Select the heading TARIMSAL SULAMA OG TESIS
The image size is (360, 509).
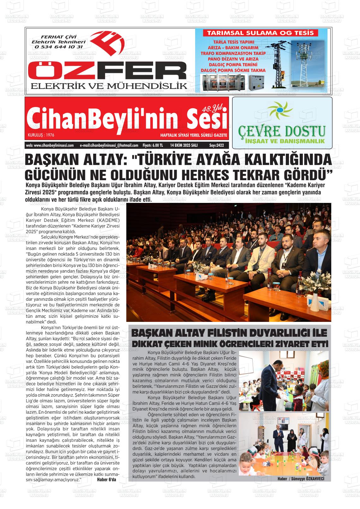point(260,33)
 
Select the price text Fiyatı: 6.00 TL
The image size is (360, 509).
point(153,145)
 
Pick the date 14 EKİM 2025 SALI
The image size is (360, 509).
point(184,145)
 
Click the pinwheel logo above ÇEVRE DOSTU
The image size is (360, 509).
point(280,110)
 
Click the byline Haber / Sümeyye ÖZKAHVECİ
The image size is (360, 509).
point(301,479)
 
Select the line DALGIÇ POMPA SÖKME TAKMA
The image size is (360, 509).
point(233,70)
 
